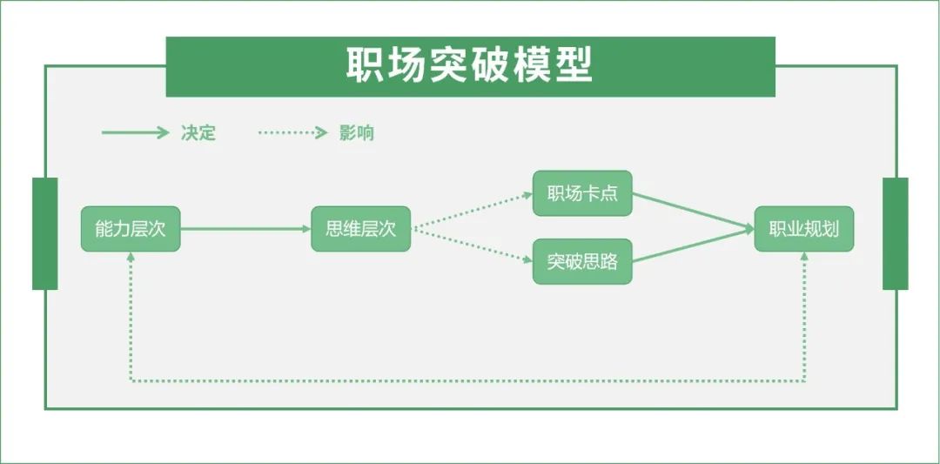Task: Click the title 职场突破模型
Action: pyautogui.click(x=470, y=65)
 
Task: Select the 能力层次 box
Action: pyautogui.click(x=131, y=229)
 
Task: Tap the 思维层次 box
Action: pyautogui.click(x=360, y=229)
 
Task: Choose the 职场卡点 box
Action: pyautogui.click(x=582, y=193)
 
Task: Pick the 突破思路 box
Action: pyautogui.click(x=582, y=261)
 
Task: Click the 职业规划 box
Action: pyautogui.click(x=803, y=229)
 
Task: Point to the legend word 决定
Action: pyautogui.click(x=198, y=133)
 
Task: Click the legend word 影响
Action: pyautogui.click(x=357, y=133)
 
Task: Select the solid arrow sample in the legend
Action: pyautogui.click(x=135, y=133)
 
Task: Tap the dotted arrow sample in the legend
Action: pyautogui.click(x=292, y=133)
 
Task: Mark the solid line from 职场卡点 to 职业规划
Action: pyautogui.click(x=692, y=211)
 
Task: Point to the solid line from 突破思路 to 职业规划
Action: pyautogui.click(x=692, y=246)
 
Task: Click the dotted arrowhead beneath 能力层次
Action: pyautogui.click(x=131, y=258)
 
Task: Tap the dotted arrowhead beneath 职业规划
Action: pyautogui.click(x=803, y=258)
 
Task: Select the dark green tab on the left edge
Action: pyautogui.click(x=44, y=233)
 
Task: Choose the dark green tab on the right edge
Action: pyautogui.click(x=895, y=233)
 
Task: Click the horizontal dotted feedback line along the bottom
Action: pyautogui.click(x=467, y=381)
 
